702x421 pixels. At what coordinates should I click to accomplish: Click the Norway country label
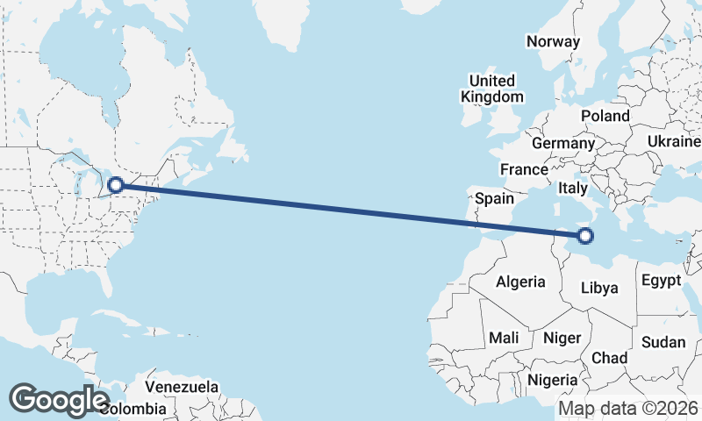[x=553, y=41]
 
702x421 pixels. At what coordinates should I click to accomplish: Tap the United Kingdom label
[x=492, y=89]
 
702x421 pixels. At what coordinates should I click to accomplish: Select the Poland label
[x=605, y=116]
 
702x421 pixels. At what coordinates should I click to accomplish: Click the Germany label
[x=563, y=143]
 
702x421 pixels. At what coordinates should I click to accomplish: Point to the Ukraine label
[x=674, y=142]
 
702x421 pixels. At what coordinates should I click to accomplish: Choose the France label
[x=524, y=169]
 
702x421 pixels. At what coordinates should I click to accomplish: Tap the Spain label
[x=494, y=199]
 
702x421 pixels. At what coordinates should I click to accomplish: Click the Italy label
[x=573, y=189]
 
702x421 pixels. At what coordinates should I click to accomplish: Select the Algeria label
[x=521, y=282]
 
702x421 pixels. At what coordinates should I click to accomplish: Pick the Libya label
[x=600, y=288]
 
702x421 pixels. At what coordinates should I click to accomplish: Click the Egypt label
[x=662, y=282]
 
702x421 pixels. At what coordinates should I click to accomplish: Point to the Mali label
[x=504, y=338]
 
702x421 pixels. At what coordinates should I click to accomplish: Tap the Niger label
[x=562, y=338]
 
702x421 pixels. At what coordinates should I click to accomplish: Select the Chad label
[x=610, y=358]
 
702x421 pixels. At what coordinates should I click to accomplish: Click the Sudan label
[x=663, y=342]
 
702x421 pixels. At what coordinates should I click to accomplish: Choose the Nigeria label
[x=553, y=380]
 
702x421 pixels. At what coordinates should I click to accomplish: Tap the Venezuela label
[x=182, y=387]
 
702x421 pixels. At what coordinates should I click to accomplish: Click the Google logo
[x=60, y=400]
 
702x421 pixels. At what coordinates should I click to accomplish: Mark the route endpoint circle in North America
[x=116, y=185]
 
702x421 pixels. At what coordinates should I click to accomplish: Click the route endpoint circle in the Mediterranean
[x=585, y=234]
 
